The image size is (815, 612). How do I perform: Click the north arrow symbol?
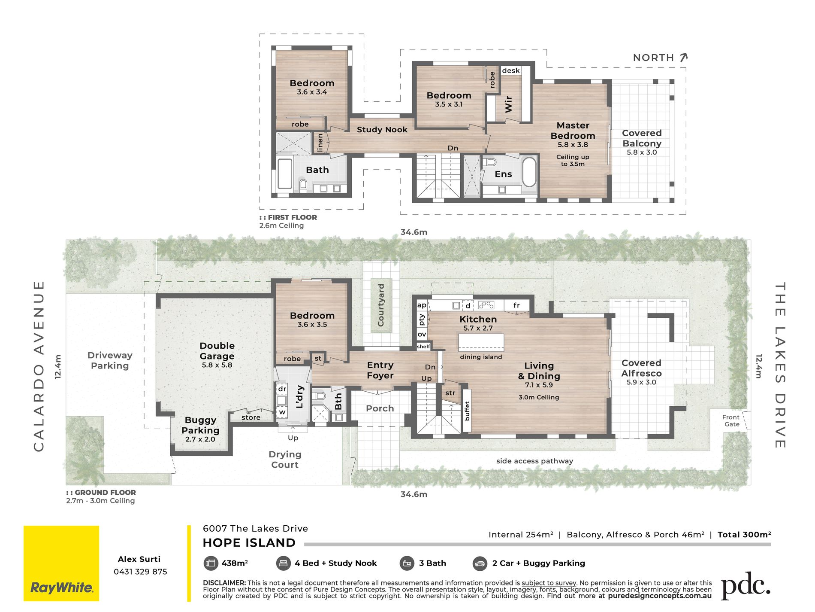pos(684,58)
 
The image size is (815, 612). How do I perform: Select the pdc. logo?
pos(746,586)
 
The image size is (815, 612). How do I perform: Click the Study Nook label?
pos(382,130)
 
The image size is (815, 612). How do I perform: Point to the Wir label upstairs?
pos(509,104)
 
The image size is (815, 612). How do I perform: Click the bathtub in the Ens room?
pos(529,172)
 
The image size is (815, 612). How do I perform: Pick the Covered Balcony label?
pos(642,138)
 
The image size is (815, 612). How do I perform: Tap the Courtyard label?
pos(381,305)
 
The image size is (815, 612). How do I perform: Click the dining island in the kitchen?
pos(481,343)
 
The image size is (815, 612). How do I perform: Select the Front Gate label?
pos(731,420)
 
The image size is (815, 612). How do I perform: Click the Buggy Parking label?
pos(200,425)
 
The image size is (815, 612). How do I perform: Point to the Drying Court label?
pos(285,459)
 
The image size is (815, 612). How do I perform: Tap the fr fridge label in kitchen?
pos(516,305)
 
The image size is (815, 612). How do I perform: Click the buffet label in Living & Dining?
pos(467,411)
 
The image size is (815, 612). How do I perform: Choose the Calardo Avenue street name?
pos(39,366)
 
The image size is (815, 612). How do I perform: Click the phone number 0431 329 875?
pos(140,572)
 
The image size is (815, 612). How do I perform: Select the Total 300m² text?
pos(744,535)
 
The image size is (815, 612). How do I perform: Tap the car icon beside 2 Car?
pos(479,563)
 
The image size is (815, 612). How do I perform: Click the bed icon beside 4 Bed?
pos(283,563)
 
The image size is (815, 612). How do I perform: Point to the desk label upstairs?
pos(510,70)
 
